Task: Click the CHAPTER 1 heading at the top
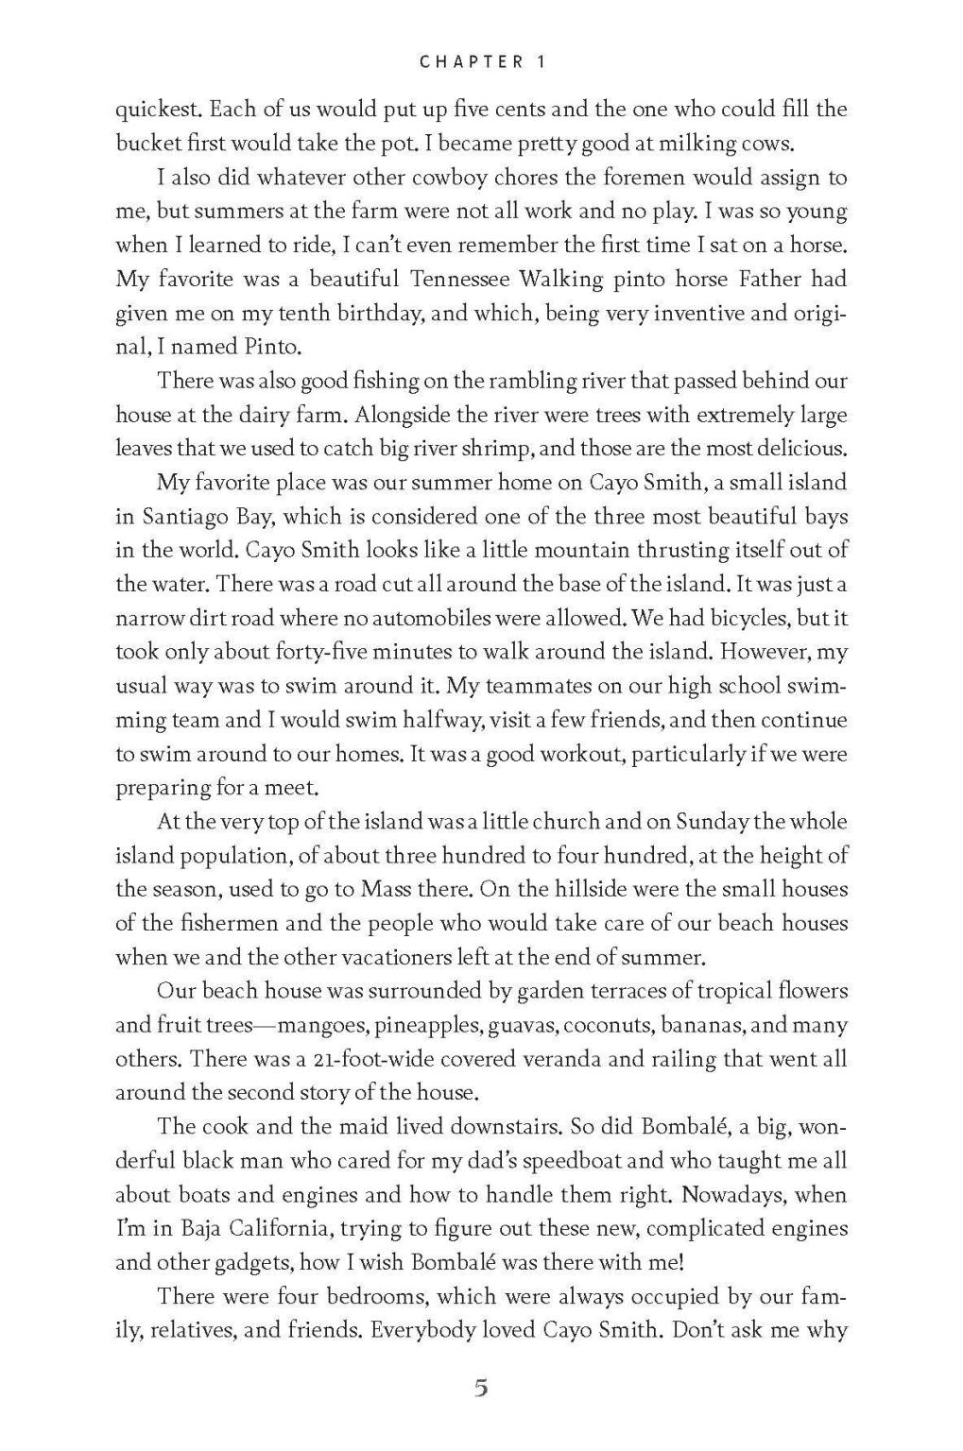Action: pyautogui.click(x=481, y=62)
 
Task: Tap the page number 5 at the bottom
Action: pyautogui.click(x=481, y=1389)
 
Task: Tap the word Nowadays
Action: pyautogui.click(x=734, y=1195)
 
